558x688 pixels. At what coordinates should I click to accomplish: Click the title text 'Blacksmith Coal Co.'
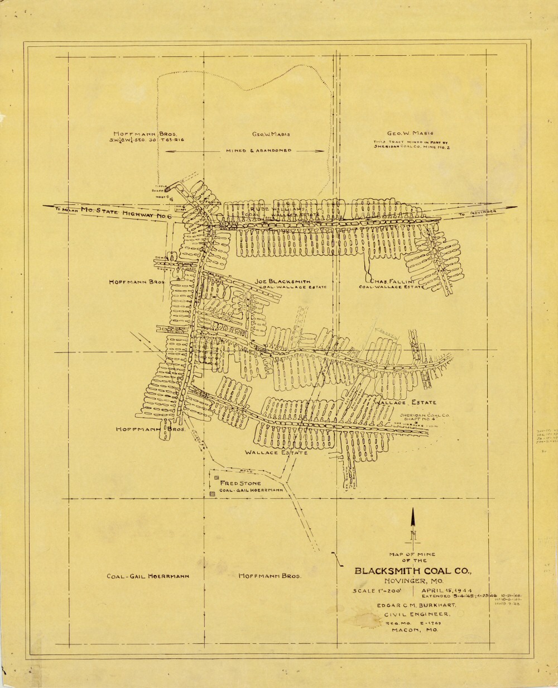pyautogui.click(x=413, y=571)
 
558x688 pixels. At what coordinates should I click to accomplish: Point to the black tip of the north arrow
pyautogui.click(x=413, y=511)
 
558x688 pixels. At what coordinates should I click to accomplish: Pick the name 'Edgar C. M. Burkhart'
pyautogui.click(x=413, y=605)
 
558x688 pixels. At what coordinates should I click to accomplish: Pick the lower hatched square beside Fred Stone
pyautogui.click(x=212, y=494)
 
